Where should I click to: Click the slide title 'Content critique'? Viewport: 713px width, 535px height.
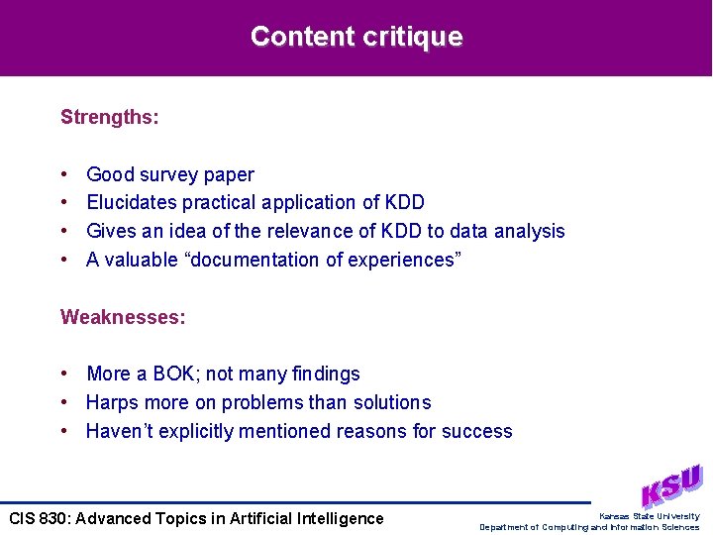(x=356, y=37)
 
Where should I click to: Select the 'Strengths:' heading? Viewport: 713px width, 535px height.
(x=109, y=117)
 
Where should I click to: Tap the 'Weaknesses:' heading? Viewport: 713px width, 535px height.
(x=123, y=317)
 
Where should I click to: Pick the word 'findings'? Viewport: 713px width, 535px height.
(x=326, y=374)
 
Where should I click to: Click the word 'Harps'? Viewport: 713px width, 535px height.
(x=111, y=403)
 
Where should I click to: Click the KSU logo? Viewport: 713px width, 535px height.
(x=670, y=486)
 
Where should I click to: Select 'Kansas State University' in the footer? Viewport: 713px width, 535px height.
(x=649, y=516)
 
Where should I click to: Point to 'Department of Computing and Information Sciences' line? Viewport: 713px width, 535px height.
(x=589, y=527)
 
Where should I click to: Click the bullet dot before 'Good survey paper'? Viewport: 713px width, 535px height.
(x=63, y=175)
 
